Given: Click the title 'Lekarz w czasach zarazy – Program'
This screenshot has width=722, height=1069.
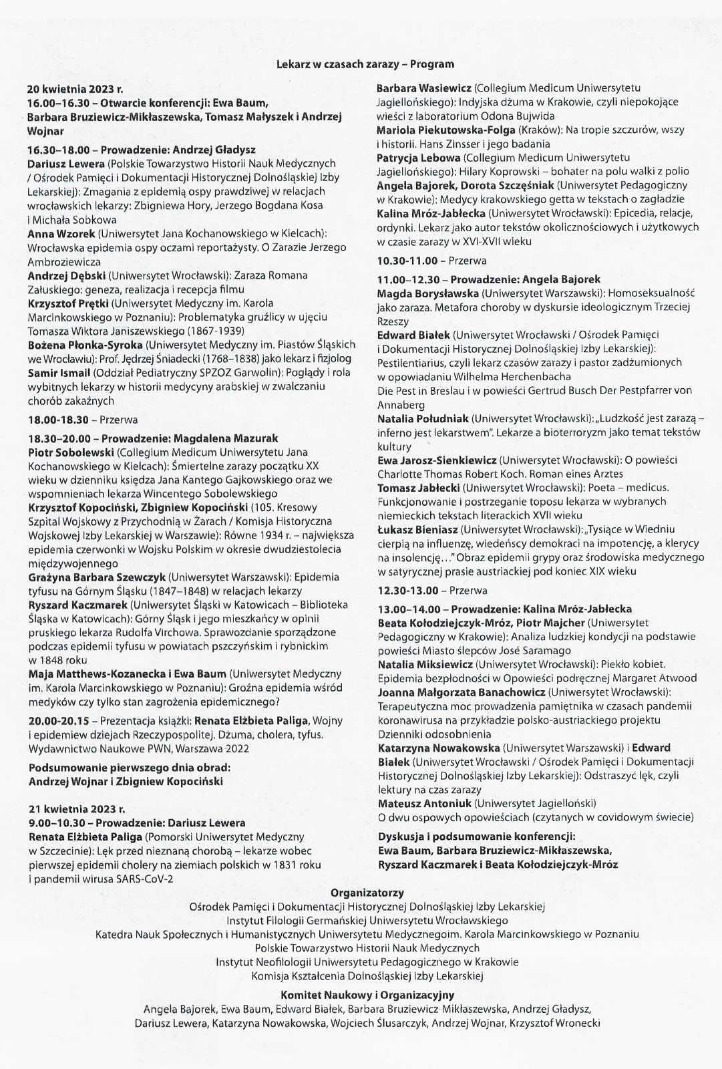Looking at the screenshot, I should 365,64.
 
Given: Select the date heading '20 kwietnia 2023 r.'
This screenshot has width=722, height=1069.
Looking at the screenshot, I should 75,88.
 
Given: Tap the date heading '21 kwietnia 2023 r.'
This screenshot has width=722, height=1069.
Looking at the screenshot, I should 77,809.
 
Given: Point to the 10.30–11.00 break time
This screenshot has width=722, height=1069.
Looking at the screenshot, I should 407,261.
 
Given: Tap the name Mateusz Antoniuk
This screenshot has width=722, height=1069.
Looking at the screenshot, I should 425,803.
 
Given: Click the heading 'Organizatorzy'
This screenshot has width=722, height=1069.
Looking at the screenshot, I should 367,893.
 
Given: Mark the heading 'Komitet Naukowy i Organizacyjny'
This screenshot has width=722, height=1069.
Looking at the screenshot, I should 367,995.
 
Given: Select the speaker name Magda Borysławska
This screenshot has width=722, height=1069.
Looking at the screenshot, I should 427,293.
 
